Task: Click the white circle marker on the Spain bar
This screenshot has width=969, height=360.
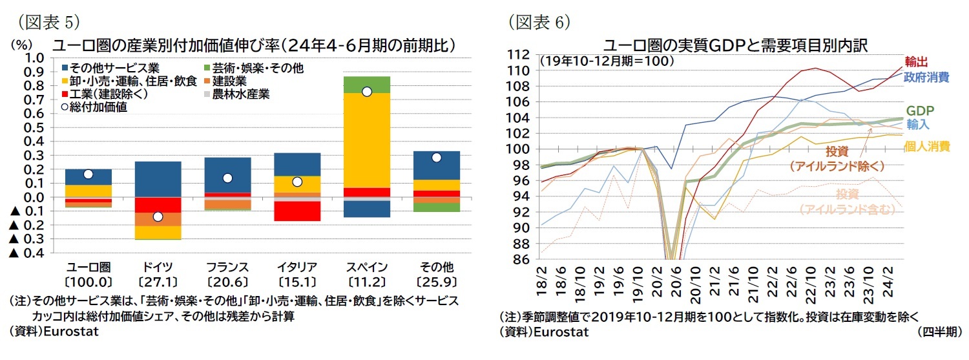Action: [x=367, y=92]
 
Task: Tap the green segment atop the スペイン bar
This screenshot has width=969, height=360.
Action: [x=367, y=85]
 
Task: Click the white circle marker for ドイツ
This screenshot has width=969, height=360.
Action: [x=158, y=217]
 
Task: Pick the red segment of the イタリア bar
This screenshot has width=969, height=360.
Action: [x=297, y=211]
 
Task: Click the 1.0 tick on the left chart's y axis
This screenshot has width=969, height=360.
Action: [x=34, y=58]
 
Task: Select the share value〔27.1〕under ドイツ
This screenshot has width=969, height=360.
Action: [x=158, y=282]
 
